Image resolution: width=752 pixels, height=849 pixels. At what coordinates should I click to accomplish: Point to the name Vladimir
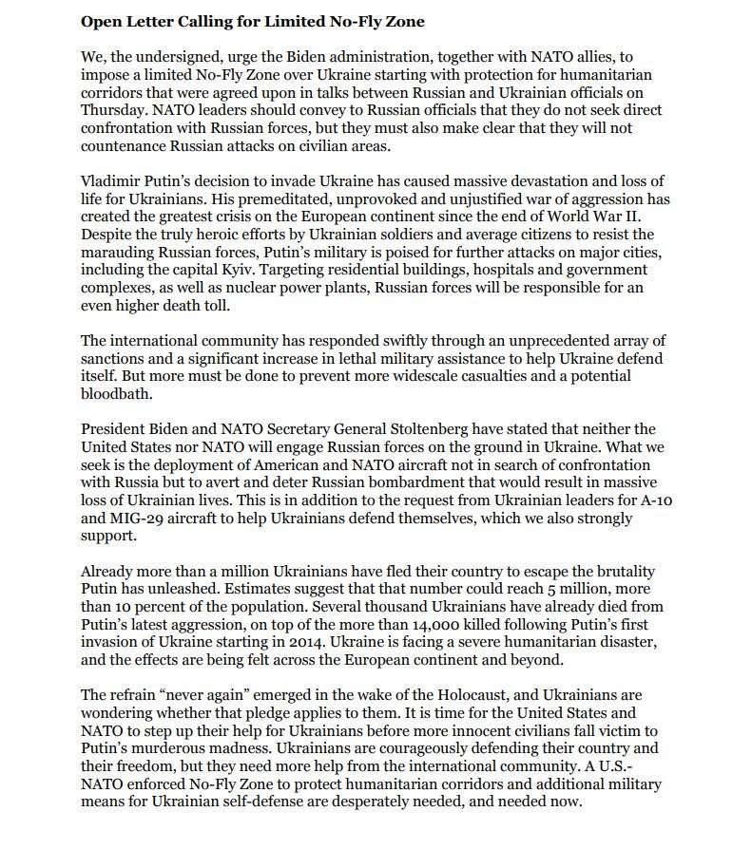(x=110, y=180)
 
